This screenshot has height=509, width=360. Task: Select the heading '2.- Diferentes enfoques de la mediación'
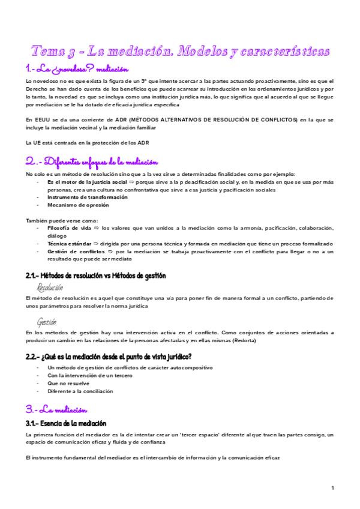tap(91, 161)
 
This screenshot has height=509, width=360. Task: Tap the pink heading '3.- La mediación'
tap(57, 410)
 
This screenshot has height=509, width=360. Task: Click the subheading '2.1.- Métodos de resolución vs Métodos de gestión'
tap(95, 276)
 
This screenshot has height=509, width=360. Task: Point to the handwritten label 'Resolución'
tap(50, 288)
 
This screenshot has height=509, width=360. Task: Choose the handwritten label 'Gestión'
tap(47, 322)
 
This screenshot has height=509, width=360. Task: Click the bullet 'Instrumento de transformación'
tap(88, 197)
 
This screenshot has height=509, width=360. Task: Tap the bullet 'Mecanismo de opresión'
tap(78, 205)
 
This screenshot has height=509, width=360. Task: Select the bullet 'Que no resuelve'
tap(68, 383)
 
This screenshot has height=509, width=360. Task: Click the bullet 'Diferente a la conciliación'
tap(80, 391)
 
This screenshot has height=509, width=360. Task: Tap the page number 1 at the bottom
tap(332, 487)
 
